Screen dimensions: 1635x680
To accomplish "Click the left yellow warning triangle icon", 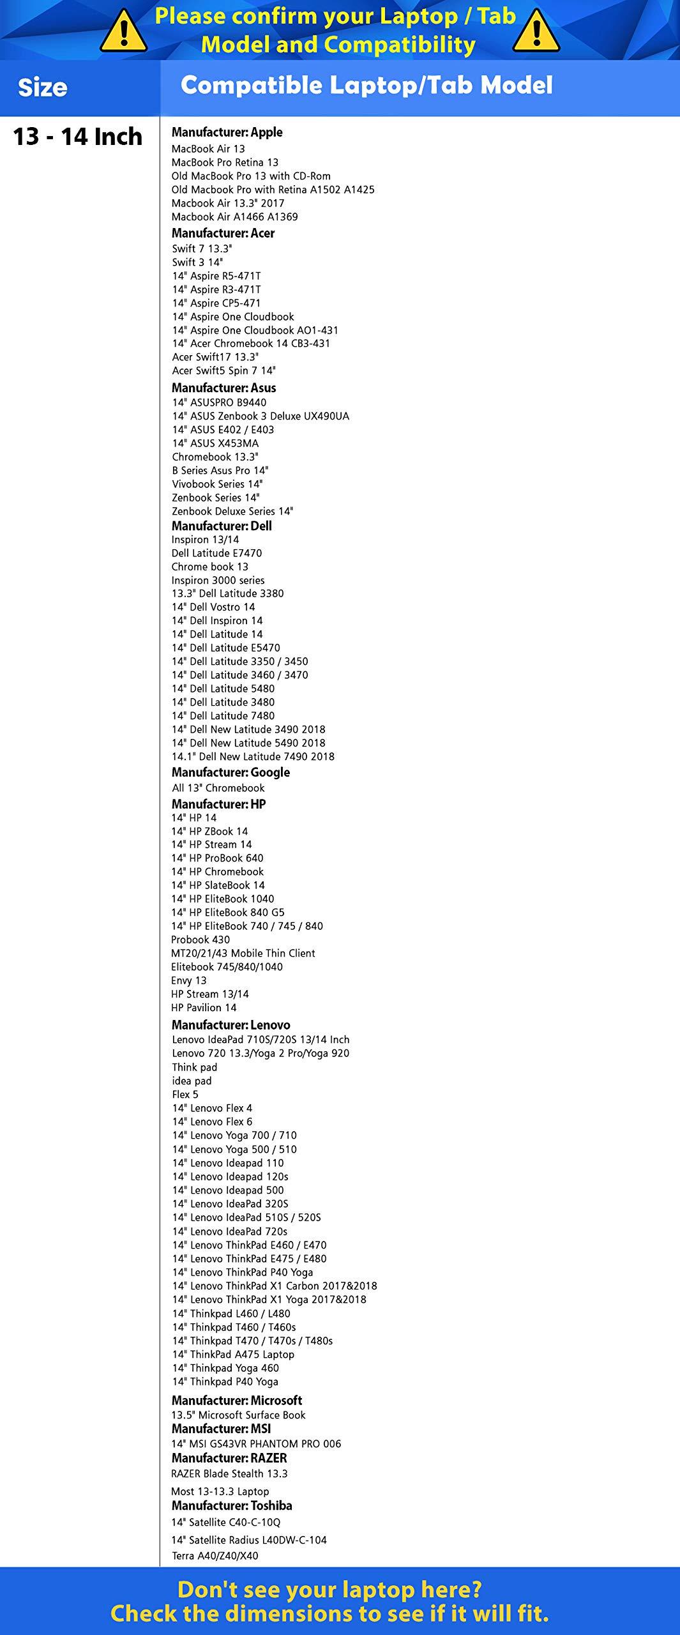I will tap(124, 32).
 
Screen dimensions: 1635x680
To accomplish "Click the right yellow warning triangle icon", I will tap(536, 32).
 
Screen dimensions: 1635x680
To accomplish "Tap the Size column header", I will tap(43, 87).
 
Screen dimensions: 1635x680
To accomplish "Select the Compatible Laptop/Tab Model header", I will tap(366, 86).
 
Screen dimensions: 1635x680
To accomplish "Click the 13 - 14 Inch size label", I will tap(77, 137).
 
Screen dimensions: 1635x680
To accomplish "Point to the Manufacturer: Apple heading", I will tap(227, 132).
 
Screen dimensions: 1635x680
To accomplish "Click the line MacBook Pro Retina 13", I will tap(225, 162).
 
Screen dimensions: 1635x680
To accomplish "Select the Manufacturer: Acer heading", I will tap(223, 233).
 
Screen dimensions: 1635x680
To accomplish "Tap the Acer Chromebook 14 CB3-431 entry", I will tap(251, 344).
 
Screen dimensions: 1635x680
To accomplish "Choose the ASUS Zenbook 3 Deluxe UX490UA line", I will tap(261, 416).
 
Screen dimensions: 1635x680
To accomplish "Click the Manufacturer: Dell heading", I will tap(222, 526).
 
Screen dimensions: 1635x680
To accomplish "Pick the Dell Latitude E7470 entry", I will tap(216, 553).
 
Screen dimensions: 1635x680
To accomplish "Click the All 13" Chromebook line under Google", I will tap(218, 788).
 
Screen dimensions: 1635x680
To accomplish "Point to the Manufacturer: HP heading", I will tap(218, 804).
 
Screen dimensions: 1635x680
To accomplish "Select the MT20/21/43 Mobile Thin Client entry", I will tap(243, 953).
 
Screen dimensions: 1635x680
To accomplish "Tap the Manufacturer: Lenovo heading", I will tap(230, 1024).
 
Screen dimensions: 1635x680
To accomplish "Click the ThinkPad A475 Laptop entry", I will tap(233, 1355).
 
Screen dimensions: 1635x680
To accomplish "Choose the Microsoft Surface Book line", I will tap(238, 1415).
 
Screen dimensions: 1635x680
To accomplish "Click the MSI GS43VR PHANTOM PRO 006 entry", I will tap(256, 1443).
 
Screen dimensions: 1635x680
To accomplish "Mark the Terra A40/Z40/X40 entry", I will tap(215, 1555).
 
